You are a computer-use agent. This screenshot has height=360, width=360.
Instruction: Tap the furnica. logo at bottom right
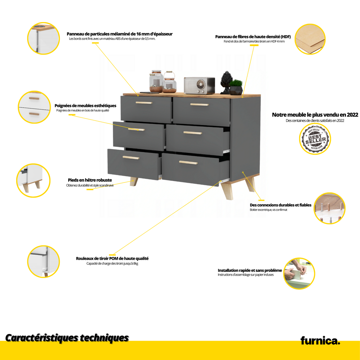(x=320, y=341)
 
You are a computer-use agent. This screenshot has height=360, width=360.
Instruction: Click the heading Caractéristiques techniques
(x=67, y=338)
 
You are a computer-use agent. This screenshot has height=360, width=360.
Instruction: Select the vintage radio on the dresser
(x=199, y=85)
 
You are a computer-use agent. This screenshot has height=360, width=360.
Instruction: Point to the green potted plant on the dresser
(x=236, y=87)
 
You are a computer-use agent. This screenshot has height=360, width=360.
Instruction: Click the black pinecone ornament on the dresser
(x=225, y=82)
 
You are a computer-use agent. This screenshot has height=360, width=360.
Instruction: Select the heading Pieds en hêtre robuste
(x=90, y=180)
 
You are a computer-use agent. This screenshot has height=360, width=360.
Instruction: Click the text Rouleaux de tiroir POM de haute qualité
(x=112, y=258)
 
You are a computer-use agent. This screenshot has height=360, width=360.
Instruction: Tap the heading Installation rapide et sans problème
(x=250, y=270)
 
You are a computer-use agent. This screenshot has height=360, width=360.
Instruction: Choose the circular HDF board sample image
(x=310, y=39)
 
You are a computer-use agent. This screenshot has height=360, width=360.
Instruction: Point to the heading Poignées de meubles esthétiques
(x=85, y=105)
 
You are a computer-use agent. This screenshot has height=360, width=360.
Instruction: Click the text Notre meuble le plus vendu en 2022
(x=315, y=115)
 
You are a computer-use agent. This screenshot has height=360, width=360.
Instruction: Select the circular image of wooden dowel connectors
(x=329, y=208)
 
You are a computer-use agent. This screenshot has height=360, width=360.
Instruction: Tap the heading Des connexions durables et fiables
(x=281, y=205)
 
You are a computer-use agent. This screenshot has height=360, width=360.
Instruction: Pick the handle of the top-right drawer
(x=199, y=104)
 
